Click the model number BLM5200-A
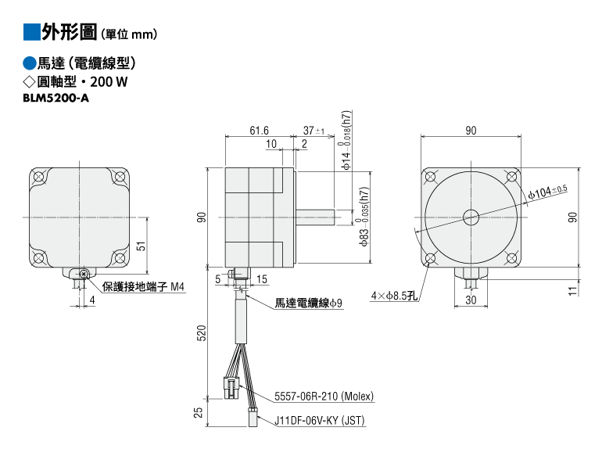56,99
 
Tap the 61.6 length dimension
259,131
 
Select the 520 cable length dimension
201,333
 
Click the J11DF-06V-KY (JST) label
320,421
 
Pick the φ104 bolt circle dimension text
547,192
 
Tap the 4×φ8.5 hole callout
394,296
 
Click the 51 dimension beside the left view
142,246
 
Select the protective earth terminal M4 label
143,286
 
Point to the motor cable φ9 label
308,303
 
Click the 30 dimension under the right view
471,300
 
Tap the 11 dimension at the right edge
573,291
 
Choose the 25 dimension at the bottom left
198,412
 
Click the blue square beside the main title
32,32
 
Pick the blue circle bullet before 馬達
30,63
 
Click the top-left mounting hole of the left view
38,177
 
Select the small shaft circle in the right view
471,217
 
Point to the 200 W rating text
109,82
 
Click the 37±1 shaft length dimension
314,131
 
